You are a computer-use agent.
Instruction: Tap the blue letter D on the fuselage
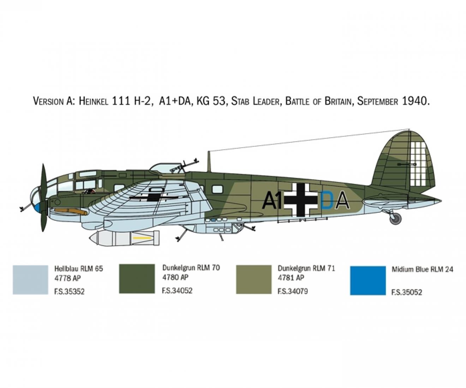click(x=327, y=201)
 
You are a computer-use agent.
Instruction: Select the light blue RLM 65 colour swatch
click(x=31, y=280)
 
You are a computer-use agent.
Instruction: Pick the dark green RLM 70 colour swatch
click(x=137, y=279)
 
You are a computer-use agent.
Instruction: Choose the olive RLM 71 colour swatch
click(x=254, y=279)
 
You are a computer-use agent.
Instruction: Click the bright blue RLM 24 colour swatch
click(x=368, y=280)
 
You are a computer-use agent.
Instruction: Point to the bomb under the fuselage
click(x=124, y=238)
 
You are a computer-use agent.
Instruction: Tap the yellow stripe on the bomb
click(x=142, y=238)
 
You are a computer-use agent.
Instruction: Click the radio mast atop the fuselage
click(x=209, y=162)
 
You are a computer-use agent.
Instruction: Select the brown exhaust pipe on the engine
click(x=71, y=211)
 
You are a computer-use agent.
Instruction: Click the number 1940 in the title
click(x=415, y=101)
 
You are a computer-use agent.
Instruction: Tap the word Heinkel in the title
click(x=94, y=101)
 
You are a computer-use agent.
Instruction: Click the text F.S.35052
click(x=407, y=292)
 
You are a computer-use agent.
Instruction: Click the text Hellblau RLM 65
click(x=79, y=269)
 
